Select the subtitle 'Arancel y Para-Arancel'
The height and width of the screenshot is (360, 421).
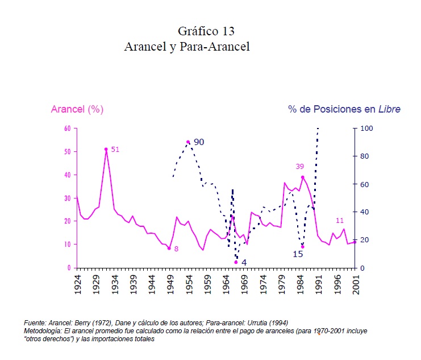[187, 47]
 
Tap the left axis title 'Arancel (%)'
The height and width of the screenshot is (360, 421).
[77, 109]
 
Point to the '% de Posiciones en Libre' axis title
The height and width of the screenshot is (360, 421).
[344, 109]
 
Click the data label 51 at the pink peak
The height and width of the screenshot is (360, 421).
[115, 150]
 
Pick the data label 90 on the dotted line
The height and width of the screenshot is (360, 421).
[198, 142]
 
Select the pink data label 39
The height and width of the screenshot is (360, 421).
[301, 166]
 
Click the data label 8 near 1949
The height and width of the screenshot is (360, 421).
[176, 249]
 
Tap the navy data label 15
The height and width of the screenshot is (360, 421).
[298, 254]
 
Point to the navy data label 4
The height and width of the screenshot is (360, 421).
[244, 263]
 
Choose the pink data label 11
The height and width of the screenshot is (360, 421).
[340, 221]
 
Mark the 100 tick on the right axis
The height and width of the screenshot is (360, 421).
[367, 129]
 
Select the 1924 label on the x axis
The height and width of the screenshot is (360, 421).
[77, 284]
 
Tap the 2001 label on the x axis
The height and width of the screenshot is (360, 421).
[356, 284]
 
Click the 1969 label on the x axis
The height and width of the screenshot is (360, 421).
[244, 284]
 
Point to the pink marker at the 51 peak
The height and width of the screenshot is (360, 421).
[106, 150]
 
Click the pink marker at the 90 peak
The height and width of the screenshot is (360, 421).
[188, 142]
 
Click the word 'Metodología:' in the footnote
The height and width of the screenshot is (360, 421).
[43, 331]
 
